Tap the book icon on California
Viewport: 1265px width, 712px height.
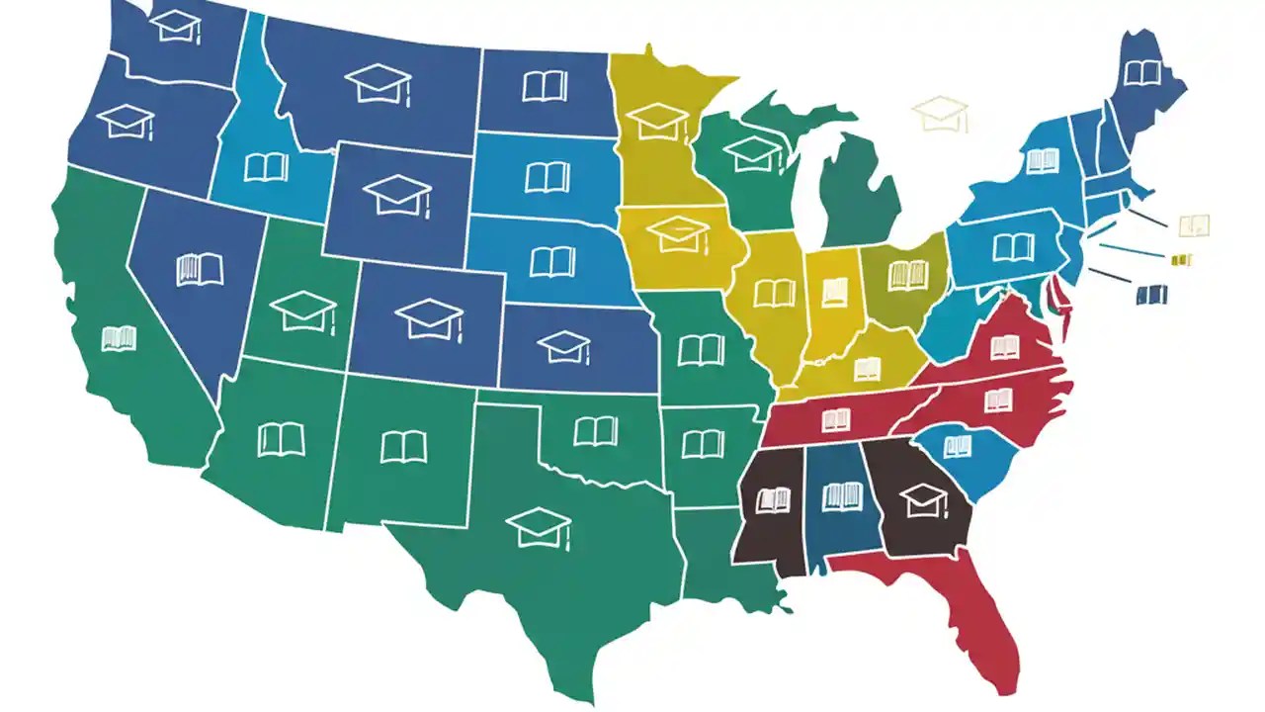pyautogui.click(x=119, y=338)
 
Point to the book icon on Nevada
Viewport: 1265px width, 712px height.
pyautogui.click(x=200, y=269)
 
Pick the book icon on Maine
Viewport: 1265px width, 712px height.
pyautogui.click(x=1141, y=72)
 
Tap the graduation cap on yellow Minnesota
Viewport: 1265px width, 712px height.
pyautogui.click(x=658, y=121)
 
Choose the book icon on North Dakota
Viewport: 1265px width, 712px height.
pyautogui.click(x=545, y=86)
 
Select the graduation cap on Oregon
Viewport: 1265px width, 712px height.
pyautogui.click(x=126, y=121)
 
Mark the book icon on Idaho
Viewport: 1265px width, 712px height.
pyautogui.click(x=266, y=166)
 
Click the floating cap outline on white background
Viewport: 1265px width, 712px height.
pyautogui.click(x=942, y=112)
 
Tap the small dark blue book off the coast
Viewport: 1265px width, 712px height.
pyautogui.click(x=1151, y=294)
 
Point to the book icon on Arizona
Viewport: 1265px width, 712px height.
pyautogui.click(x=281, y=438)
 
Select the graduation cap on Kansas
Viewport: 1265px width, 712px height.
pyautogui.click(x=564, y=346)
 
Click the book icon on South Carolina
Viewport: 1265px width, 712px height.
pyautogui.click(x=957, y=447)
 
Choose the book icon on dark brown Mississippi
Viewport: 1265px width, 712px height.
pyautogui.click(x=773, y=499)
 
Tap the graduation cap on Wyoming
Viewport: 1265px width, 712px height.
pyautogui.click(x=397, y=194)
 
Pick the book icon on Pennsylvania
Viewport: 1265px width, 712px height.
pyautogui.click(x=1013, y=246)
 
